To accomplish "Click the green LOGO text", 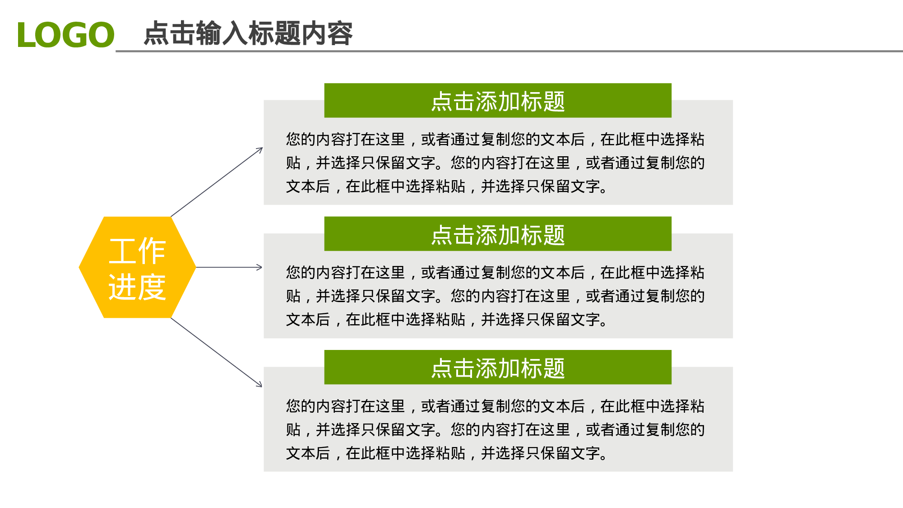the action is point(66,35).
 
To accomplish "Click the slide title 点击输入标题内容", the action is point(248,33).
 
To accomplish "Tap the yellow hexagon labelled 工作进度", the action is point(137,267).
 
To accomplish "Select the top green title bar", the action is point(497,101).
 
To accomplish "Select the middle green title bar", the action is point(497,234).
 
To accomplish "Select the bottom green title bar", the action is point(497,368).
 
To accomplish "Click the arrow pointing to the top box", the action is point(217,182).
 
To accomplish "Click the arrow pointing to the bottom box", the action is point(217,352).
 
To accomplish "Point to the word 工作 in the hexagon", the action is point(137,251).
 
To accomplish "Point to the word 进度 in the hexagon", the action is point(137,287).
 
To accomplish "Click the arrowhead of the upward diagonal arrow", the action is point(260,149).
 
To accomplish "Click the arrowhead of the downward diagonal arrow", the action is point(260,385).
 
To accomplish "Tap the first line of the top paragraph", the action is point(495,139).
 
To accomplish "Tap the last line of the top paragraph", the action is point(447,186).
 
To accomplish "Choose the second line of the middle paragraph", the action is point(495,296).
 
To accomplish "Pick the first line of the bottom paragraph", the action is point(495,406).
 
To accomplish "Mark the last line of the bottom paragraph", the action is point(447,453).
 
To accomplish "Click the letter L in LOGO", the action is point(26,35).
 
